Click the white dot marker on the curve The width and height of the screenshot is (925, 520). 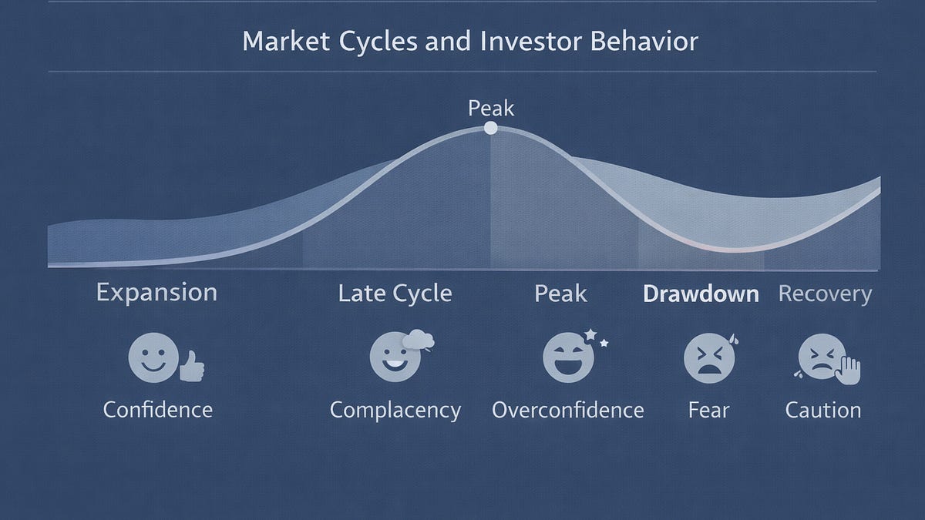(x=490, y=129)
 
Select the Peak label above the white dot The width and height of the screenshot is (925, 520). (x=490, y=108)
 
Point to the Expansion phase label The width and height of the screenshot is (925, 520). (x=156, y=294)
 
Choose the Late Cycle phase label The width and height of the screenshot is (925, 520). (x=395, y=294)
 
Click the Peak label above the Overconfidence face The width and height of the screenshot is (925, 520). (x=560, y=294)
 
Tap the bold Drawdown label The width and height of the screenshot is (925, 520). (x=701, y=294)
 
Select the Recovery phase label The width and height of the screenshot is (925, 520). (x=825, y=294)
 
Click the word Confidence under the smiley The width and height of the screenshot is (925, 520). (x=157, y=409)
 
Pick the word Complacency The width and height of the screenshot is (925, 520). (x=395, y=410)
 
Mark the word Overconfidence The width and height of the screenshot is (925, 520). (x=567, y=409)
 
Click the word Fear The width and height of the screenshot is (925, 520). (x=708, y=409)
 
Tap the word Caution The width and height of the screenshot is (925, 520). (x=822, y=410)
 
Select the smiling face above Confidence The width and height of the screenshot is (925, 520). (x=149, y=357)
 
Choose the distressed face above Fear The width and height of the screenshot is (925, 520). (x=705, y=358)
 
